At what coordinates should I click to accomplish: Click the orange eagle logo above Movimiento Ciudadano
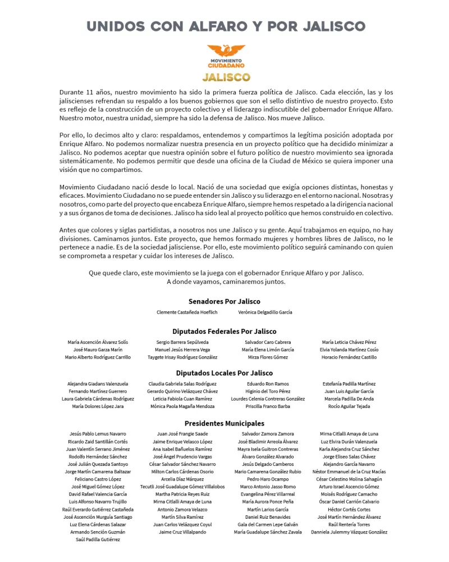coord(226,50)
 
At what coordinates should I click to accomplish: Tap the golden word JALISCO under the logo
coord(226,76)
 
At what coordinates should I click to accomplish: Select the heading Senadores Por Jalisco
coord(224,301)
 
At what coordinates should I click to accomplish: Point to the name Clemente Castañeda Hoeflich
coord(187,312)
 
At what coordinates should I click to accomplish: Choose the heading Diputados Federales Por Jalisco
coord(224,332)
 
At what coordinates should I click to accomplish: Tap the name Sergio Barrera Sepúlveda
coord(182,342)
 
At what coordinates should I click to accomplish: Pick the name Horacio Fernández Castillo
coord(349,357)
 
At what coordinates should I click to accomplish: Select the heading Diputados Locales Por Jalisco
coord(224,373)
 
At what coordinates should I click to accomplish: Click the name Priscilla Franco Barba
coord(268,406)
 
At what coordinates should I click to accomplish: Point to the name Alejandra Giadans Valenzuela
coord(98,384)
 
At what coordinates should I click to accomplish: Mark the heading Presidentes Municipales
coord(224,423)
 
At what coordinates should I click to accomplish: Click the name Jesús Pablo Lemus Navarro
coord(98,434)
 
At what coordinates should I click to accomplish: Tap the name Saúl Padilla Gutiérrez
coord(98,539)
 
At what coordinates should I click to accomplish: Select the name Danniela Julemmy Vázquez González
coord(349,532)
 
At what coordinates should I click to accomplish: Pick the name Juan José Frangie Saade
coord(182,434)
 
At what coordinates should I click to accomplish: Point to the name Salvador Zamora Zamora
coord(268,434)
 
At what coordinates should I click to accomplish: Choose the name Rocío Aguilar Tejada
coord(349,406)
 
